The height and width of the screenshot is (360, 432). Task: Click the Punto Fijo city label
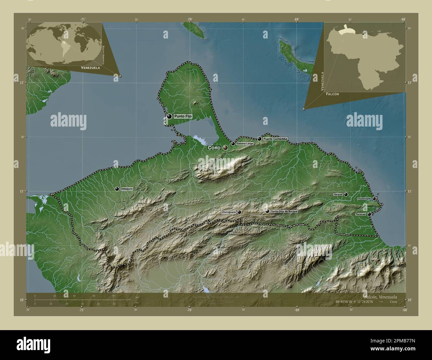point(183,116)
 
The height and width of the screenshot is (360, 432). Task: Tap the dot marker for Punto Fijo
point(169,116)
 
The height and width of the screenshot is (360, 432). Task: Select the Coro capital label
point(214,148)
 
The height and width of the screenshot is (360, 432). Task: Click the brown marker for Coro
point(225,147)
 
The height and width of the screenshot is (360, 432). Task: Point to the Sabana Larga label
point(245,144)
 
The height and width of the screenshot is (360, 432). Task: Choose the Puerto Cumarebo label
point(275,139)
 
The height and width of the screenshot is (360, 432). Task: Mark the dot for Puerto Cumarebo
point(259,139)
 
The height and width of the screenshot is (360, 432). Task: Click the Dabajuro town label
point(127,189)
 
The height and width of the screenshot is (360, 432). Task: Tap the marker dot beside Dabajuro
point(117,189)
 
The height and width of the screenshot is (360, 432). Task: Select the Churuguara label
point(229,212)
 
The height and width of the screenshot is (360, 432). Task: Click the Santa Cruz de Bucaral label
point(284,211)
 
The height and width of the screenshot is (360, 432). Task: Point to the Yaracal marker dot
point(346,194)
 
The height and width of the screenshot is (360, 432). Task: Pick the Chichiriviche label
point(364,199)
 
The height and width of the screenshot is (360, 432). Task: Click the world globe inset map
point(64,44)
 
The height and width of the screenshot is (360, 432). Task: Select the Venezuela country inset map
point(365,57)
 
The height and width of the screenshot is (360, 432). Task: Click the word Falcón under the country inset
point(333,94)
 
